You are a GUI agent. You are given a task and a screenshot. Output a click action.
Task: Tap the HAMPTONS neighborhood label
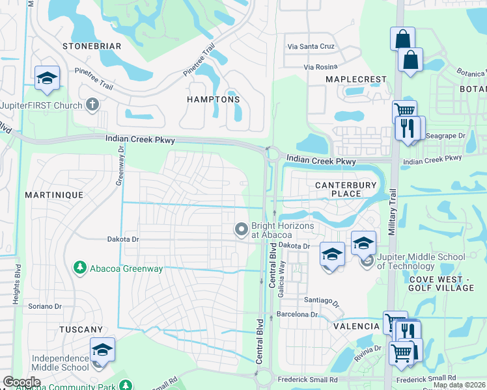click(x=213, y=99)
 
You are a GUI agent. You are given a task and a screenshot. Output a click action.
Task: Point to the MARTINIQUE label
click(x=54, y=195)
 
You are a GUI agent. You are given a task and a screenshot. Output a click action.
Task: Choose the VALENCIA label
click(x=357, y=326)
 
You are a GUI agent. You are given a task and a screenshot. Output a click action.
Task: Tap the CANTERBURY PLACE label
click(x=346, y=189)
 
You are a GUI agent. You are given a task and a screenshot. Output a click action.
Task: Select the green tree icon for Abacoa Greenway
click(x=79, y=267)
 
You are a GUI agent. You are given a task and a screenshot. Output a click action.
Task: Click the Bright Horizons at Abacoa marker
click(x=242, y=229)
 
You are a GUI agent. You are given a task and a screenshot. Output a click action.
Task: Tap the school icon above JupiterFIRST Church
click(x=47, y=79)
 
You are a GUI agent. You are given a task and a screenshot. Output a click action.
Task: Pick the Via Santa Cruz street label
click(x=311, y=47)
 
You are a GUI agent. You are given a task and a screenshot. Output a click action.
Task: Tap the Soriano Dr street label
click(x=44, y=305)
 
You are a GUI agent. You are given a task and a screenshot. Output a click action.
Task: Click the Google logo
click(x=21, y=382)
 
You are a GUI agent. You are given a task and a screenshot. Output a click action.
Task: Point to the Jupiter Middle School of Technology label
click(x=421, y=261)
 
